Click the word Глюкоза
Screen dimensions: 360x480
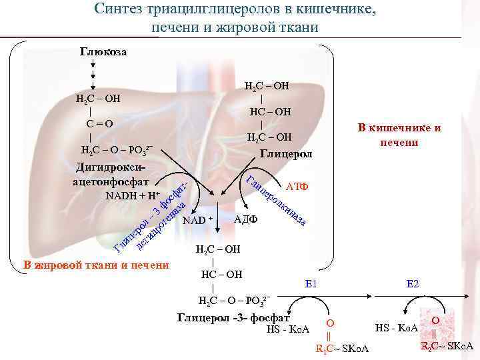103,51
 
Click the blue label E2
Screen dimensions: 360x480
413,284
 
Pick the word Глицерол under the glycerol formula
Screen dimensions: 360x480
286,154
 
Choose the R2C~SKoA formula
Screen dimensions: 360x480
447,345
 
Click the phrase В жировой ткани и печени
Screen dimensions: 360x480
96,265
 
